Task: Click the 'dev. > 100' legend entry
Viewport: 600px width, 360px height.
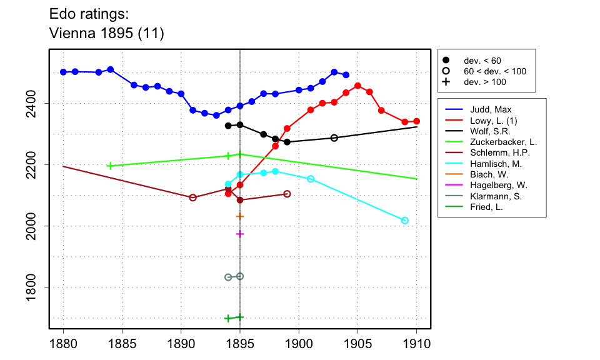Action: [x=484, y=82]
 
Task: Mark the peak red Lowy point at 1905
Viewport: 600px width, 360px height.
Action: [x=357, y=86]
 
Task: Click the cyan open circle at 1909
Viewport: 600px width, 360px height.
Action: [x=405, y=220]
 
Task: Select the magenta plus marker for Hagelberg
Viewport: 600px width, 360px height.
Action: [x=240, y=234]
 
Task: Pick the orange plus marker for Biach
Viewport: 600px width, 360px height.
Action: [x=240, y=216]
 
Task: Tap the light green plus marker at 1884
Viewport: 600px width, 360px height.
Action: [x=110, y=166]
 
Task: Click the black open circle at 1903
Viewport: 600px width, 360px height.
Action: [x=334, y=137]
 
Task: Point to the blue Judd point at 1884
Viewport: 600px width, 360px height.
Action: [x=110, y=69]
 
